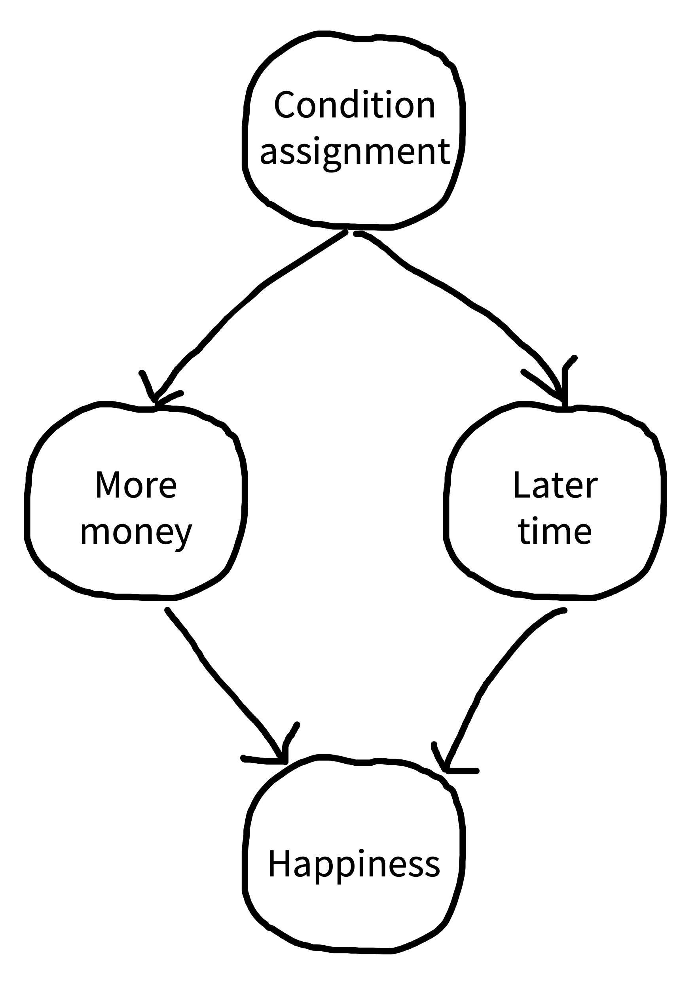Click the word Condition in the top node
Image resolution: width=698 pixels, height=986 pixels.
(x=355, y=104)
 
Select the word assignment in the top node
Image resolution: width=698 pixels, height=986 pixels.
(x=355, y=153)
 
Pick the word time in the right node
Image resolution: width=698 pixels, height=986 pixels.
(x=555, y=531)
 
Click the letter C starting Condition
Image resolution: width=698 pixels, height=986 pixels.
(x=285, y=104)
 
